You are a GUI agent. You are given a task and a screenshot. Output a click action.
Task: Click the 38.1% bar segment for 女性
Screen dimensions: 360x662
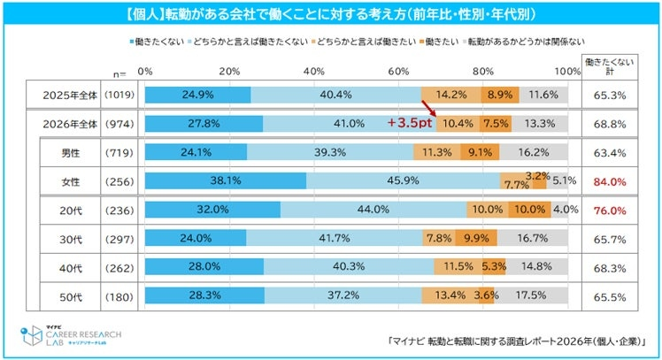click(225, 182)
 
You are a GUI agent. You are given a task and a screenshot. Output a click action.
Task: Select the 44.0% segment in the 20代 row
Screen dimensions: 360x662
click(373, 211)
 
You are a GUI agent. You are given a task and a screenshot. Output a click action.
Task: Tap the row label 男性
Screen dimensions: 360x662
click(70, 153)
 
